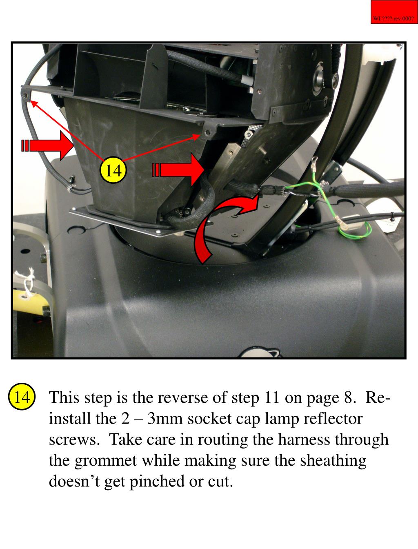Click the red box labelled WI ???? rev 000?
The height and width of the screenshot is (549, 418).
click(x=394, y=12)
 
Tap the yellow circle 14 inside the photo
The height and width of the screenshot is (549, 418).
click(x=113, y=170)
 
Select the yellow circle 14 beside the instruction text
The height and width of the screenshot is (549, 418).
click(x=22, y=397)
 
